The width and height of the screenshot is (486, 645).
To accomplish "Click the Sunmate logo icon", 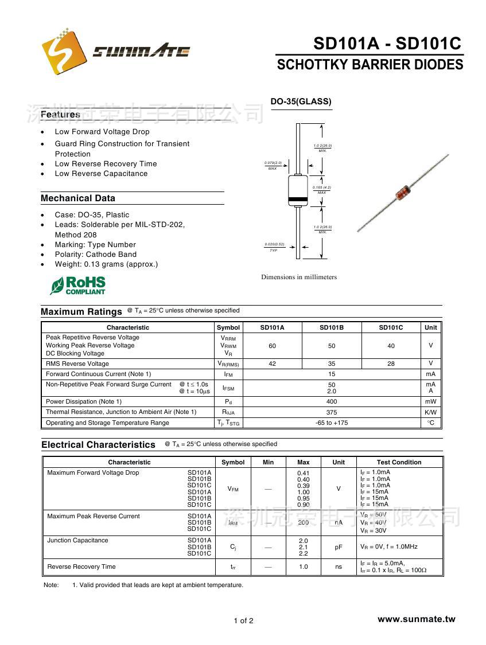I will click(64, 52).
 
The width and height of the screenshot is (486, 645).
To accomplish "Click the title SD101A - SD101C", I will click(387, 44).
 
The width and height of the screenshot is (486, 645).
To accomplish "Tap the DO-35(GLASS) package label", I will click(301, 101).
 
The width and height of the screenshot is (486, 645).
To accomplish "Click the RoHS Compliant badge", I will click(78, 285).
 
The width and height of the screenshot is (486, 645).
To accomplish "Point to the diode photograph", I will click(403, 193).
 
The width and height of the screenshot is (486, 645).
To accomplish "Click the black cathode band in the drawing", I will click(298, 200).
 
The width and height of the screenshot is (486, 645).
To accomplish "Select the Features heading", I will click(60, 115).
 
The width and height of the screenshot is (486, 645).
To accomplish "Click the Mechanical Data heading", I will click(78, 198).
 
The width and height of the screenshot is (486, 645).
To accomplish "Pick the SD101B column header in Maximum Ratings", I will click(332, 327).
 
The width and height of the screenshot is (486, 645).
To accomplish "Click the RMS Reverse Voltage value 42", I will click(272, 363).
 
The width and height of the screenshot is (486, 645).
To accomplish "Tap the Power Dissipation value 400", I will click(332, 401).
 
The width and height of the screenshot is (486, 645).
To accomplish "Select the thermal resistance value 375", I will click(332, 412).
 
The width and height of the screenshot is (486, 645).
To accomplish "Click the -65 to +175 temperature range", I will click(332, 423).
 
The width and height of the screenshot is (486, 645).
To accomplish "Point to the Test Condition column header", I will click(399, 462).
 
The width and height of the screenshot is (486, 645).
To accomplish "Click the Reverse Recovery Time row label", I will click(81, 566).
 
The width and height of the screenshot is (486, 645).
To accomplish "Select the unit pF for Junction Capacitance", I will click(339, 547).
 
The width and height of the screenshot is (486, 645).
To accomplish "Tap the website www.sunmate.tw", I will click(416, 619).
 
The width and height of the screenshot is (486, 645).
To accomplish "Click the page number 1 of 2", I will click(243, 620).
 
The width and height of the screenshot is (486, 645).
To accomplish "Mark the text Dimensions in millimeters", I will click(299, 277).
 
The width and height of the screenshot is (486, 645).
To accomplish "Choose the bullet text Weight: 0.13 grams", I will click(106, 264).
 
